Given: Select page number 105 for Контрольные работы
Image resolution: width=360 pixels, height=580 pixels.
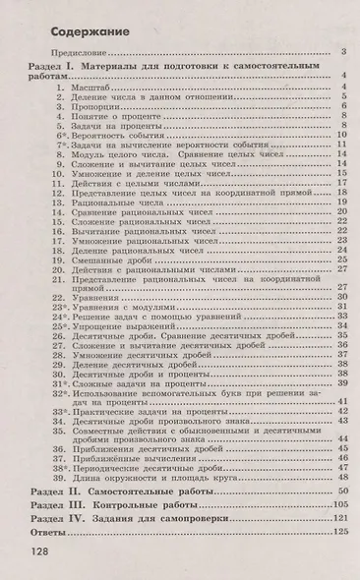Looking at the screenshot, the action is (x=341, y=502).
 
